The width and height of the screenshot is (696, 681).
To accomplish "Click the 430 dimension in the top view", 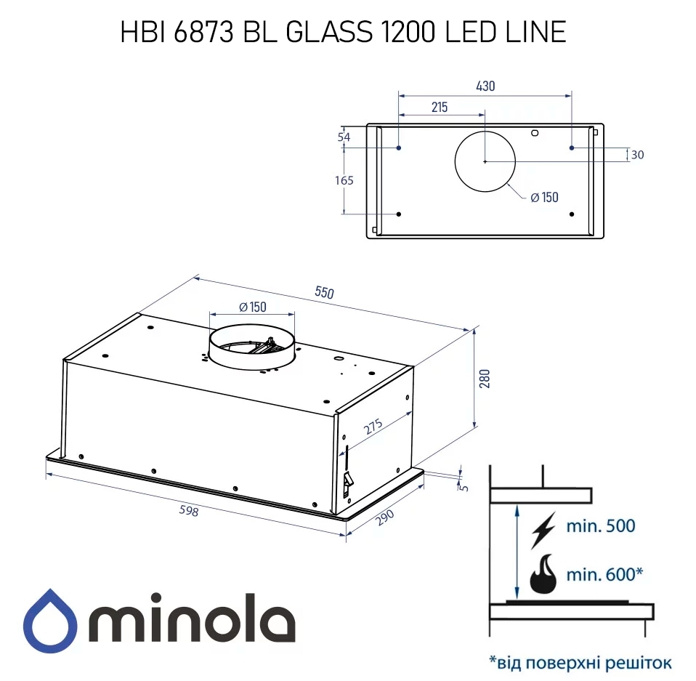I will (485, 86).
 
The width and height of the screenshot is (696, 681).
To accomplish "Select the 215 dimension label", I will (439, 107).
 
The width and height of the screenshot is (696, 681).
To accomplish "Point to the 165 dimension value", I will (345, 180).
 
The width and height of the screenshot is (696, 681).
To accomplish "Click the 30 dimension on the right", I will (637, 155).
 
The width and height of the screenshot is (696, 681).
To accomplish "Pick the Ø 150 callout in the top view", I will (544, 197).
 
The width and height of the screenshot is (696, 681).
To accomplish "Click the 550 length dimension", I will (324, 293).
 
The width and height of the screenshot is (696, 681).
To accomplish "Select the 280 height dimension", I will (486, 379).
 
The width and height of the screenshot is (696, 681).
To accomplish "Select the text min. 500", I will (600, 526).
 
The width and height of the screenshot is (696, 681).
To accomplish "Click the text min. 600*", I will (604, 575).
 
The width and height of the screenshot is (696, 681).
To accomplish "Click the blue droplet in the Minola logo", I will (50, 623).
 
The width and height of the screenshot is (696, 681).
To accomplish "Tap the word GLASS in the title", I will (325, 32).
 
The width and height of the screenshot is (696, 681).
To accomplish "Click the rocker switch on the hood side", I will (347, 480).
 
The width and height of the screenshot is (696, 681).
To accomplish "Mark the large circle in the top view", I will (485, 161).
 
